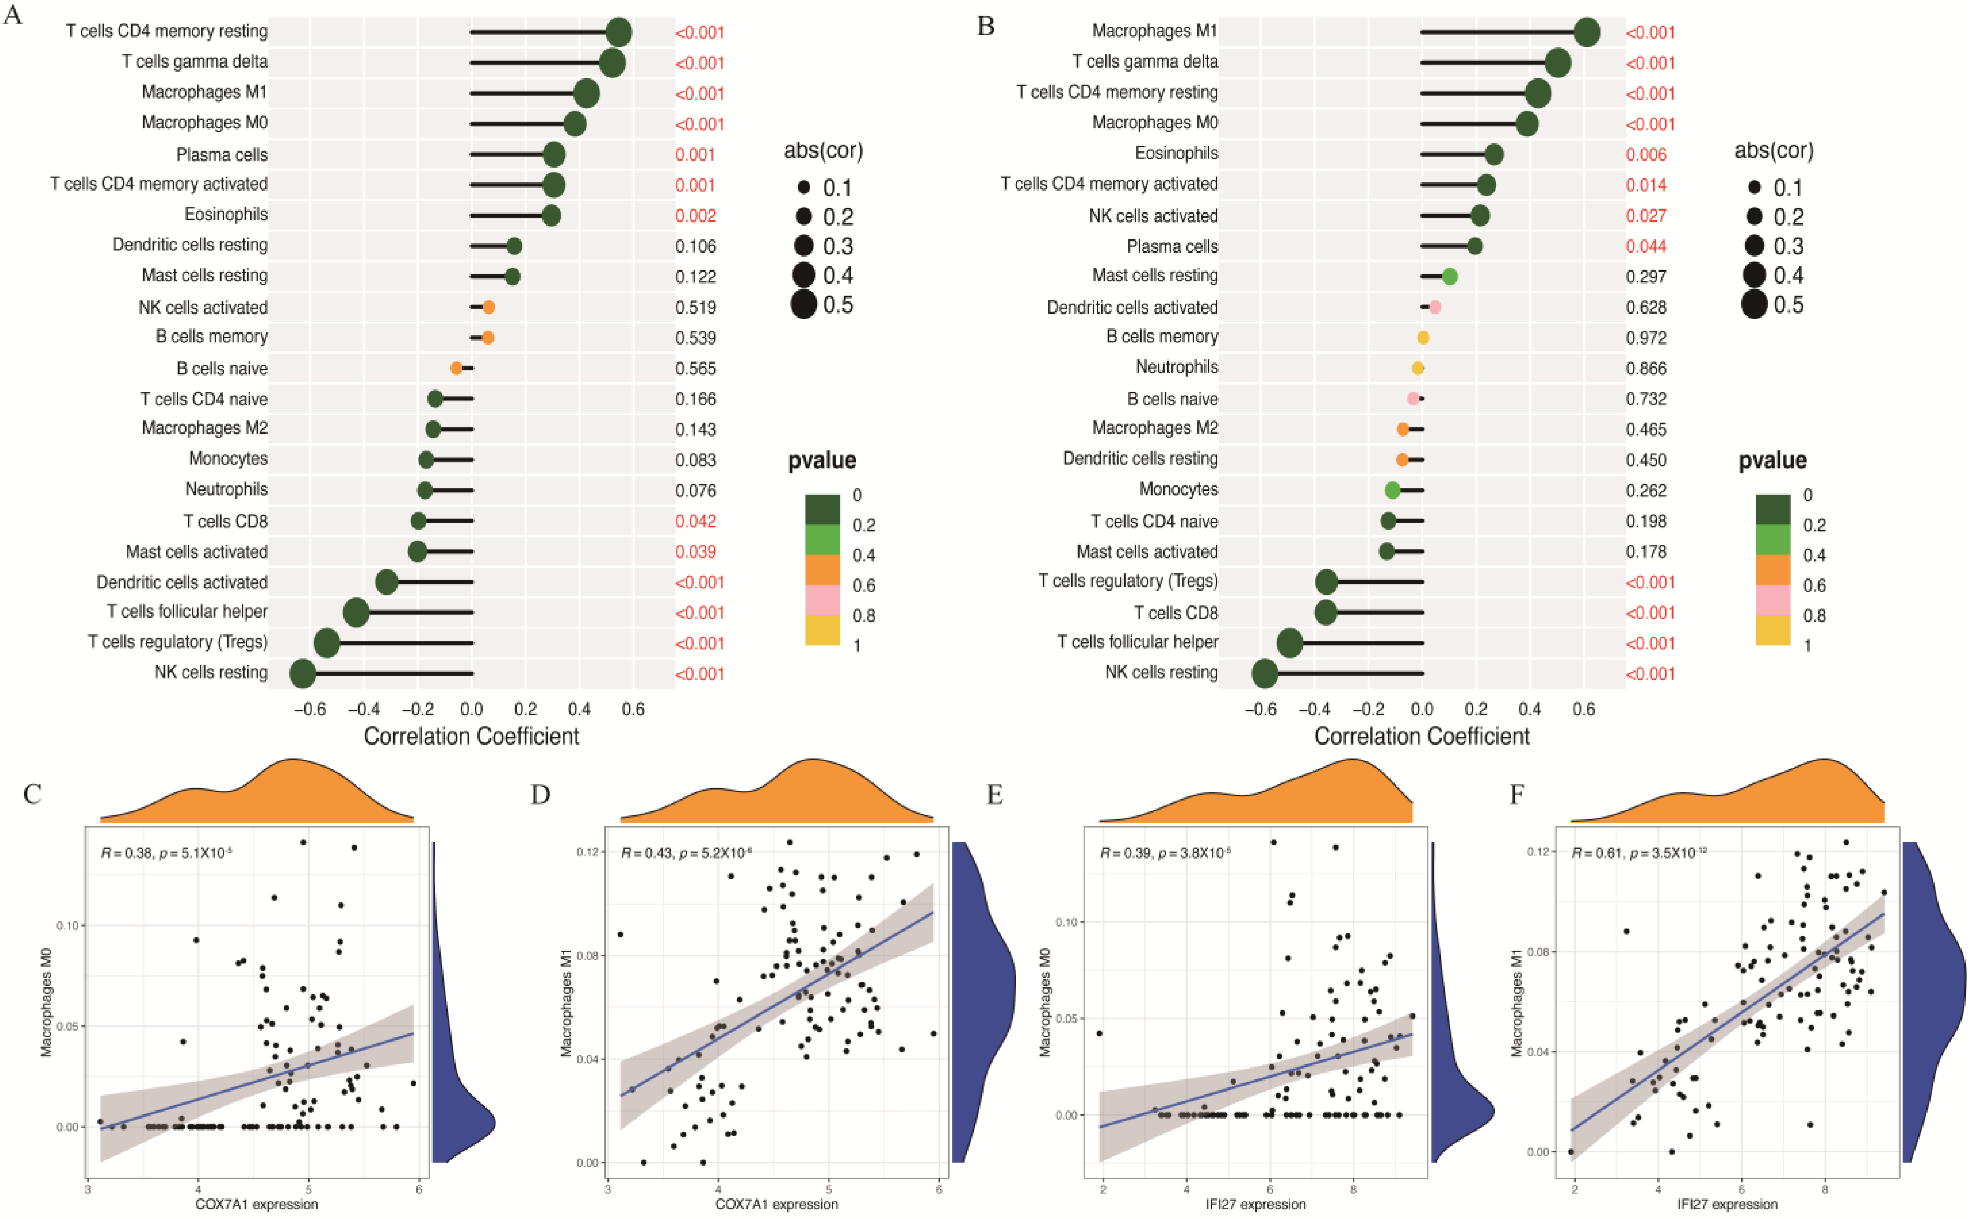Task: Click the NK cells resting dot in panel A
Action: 302,673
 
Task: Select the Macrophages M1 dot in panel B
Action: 1587,32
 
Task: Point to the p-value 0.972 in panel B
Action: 1646,338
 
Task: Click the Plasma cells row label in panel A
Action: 222,154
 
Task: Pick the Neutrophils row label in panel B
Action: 1177,367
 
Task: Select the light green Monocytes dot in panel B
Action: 1392,490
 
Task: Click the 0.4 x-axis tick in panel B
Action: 1530,710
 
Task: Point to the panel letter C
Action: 32,795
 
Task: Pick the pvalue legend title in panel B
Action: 1772,460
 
